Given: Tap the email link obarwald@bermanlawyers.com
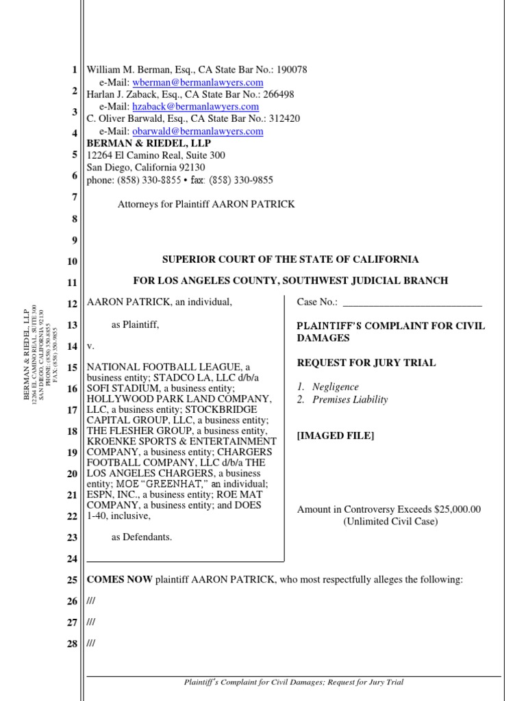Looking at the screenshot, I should click(198, 131).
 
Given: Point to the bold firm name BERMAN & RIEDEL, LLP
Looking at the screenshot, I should click(149, 143).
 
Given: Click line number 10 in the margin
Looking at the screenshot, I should click(73, 261).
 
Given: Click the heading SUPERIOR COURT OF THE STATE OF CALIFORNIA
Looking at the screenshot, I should click(290, 259).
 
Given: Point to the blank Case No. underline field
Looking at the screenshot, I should click(412, 302).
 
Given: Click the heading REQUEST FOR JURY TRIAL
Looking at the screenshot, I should click(366, 363).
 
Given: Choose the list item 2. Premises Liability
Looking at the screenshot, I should click(342, 400).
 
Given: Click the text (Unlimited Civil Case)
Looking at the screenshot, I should click(390, 522).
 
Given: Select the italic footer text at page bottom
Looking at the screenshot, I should click(295, 682).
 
